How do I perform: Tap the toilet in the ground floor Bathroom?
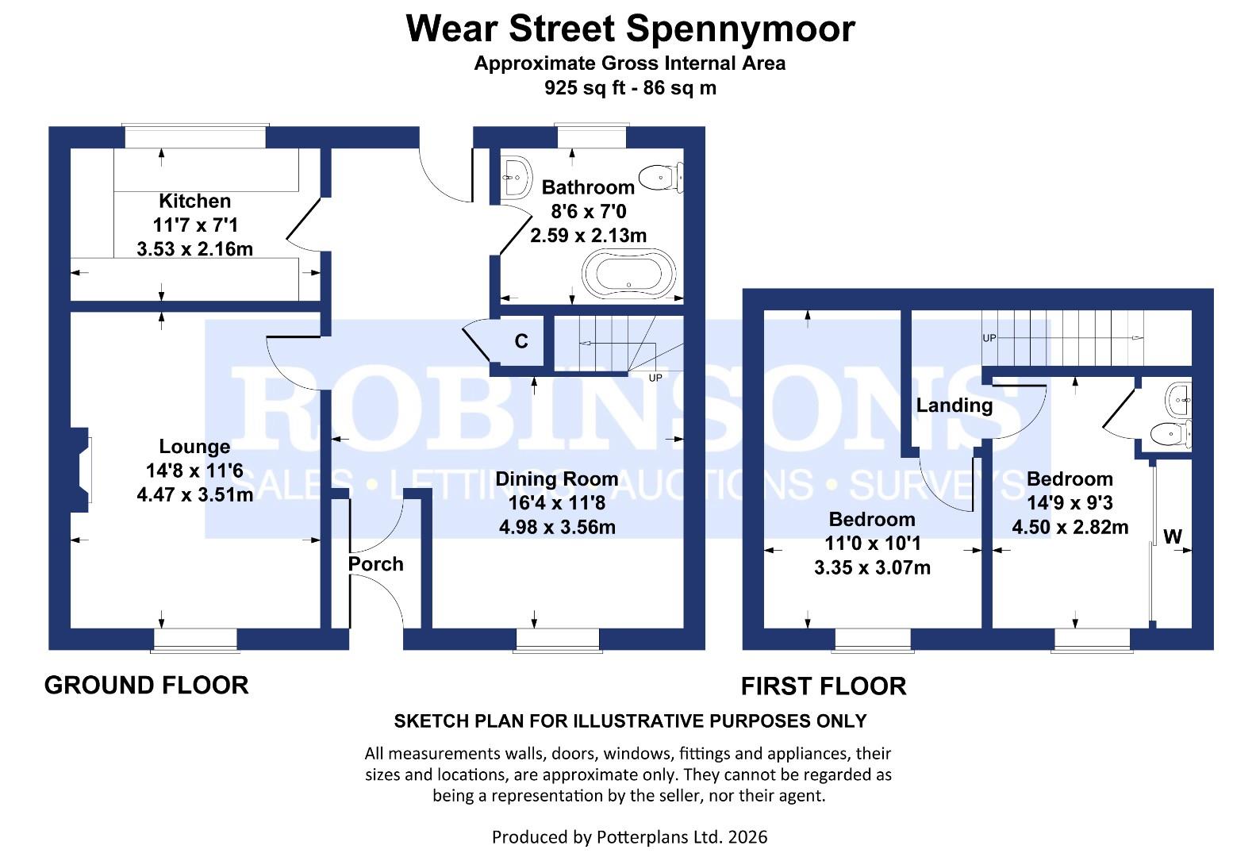660,177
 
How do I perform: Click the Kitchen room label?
194,201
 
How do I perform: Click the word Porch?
375,564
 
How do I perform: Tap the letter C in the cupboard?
521,341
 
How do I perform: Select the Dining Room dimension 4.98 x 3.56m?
556,527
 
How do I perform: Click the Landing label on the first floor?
954,405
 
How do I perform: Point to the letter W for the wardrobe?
1172,536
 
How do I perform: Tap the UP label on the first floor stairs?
989,338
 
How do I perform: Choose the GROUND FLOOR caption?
146,685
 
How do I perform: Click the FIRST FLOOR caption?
823,686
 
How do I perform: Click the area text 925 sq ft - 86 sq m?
629,88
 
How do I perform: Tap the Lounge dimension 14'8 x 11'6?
194,471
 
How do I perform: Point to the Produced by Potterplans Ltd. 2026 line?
629,836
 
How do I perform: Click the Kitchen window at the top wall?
194,136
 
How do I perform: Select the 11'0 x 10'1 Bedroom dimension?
871,544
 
